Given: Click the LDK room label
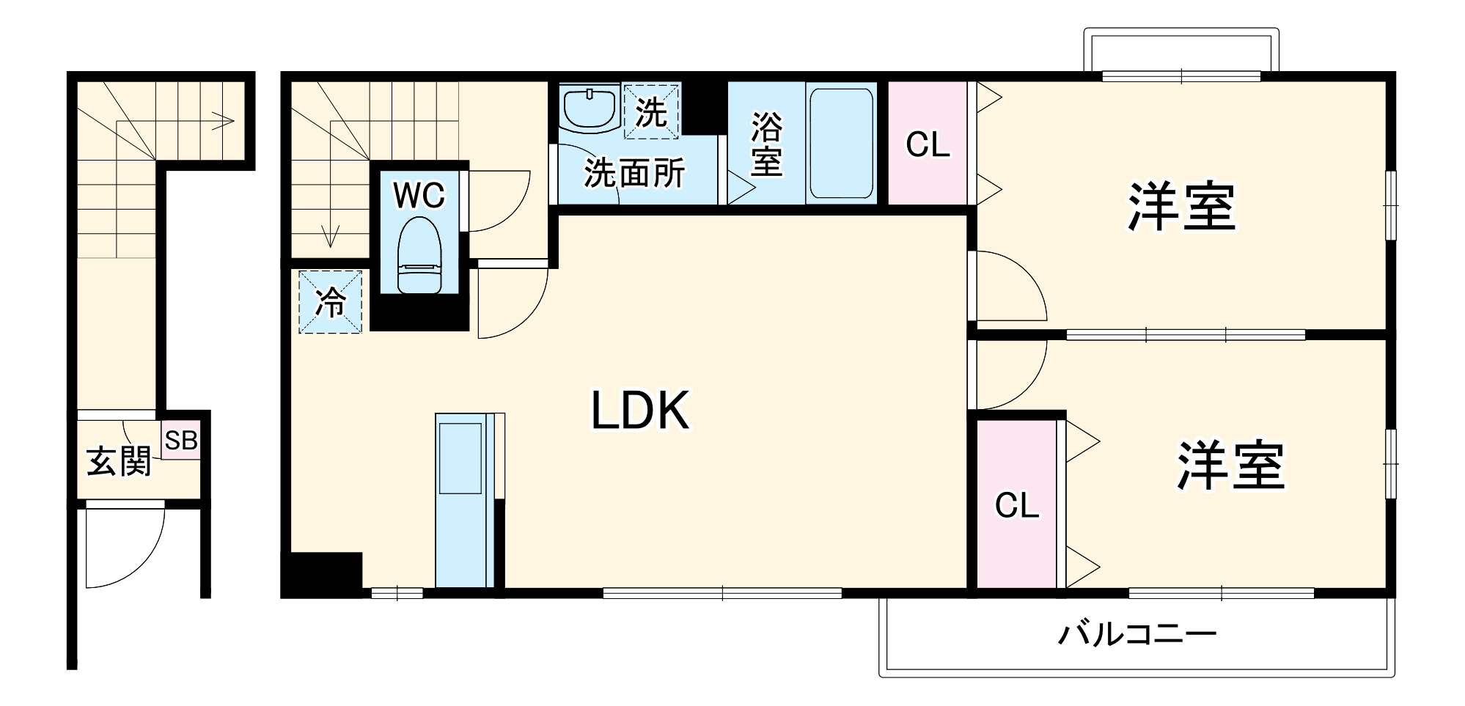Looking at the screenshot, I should tap(640, 411).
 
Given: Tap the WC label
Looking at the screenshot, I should tap(419, 196).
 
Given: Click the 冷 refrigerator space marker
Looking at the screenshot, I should tap(331, 302).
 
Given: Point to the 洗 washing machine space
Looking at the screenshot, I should tap(651, 112).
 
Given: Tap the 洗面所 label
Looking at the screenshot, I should tap(634, 174).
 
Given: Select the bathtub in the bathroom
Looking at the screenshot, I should tap(841, 143).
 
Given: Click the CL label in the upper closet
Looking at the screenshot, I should tap(928, 144).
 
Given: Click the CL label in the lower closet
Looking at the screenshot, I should tap(1016, 505).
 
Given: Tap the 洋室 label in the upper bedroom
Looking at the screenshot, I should tap(1181, 207).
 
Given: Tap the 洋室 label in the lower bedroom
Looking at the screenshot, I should tap(1231, 465).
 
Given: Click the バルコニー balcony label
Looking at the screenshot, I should tap(1137, 633).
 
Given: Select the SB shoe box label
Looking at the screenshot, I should tap(180, 441).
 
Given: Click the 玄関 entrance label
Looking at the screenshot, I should tap(120, 462).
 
